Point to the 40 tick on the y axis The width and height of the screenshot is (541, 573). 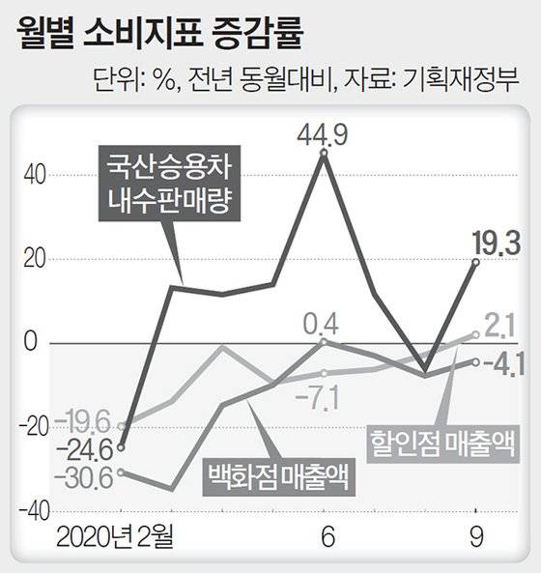(35, 175)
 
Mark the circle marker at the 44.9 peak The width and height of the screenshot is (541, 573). (323, 153)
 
